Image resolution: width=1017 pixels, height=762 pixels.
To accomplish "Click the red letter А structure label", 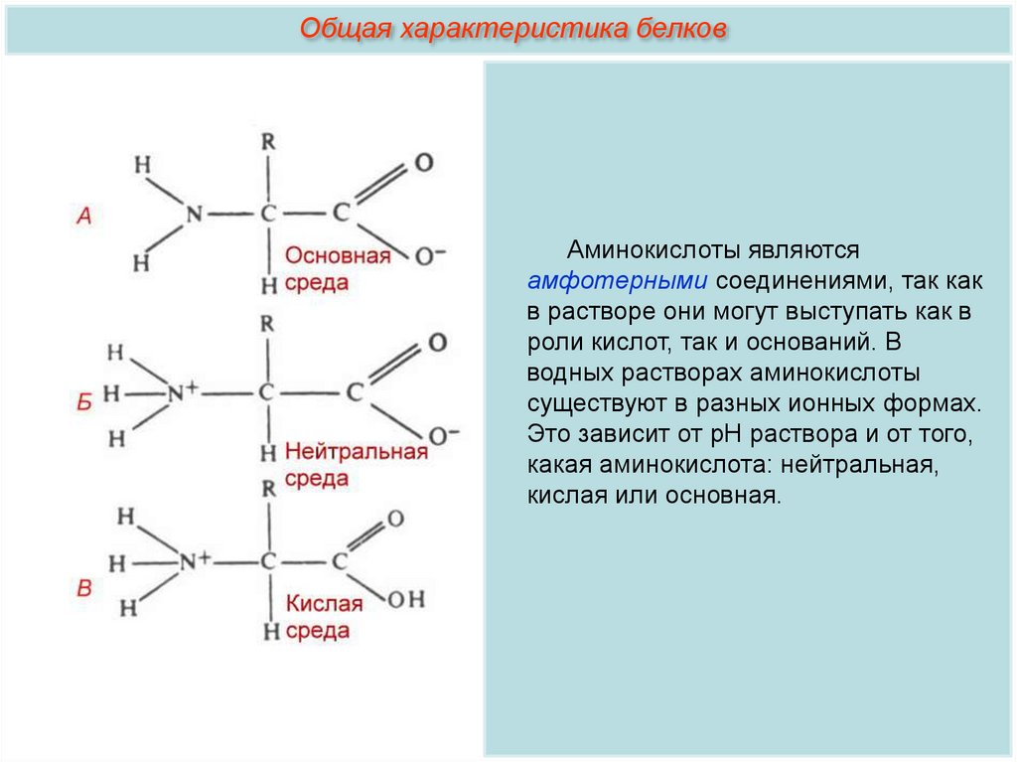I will [x=83, y=216].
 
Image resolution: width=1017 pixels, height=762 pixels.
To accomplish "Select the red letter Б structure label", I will [x=84, y=401].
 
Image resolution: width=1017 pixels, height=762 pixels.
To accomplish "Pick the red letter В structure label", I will [x=84, y=589].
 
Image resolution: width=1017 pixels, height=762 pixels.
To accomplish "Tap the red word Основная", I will [x=338, y=256].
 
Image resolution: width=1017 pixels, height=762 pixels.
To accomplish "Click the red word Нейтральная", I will [x=357, y=452].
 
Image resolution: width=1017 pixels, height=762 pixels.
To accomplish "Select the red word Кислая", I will [x=325, y=603].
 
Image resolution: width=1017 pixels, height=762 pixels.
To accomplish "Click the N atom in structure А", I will [x=193, y=214].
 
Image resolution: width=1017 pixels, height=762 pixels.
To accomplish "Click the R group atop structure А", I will [x=267, y=142].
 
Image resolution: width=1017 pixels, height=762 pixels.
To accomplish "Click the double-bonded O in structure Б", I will [x=437, y=344].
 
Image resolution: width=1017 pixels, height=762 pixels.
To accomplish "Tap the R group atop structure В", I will [x=267, y=489].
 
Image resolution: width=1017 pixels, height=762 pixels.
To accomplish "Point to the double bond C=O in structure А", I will [x=380, y=186].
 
